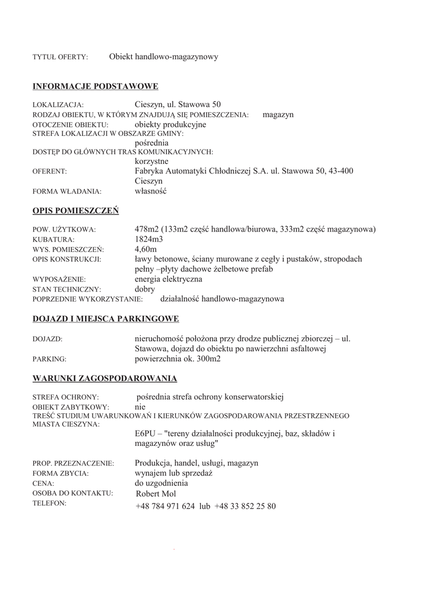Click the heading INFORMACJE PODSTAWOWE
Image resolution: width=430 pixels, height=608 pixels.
(95, 87)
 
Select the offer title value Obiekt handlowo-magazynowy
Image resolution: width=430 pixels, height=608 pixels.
(163, 57)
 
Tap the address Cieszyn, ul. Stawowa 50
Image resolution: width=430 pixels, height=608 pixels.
(178, 104)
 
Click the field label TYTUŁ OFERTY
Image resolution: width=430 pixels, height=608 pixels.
(60, 58)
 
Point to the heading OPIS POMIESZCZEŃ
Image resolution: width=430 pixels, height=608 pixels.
(75, 211)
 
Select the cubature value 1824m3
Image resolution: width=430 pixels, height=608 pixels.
(149, 239)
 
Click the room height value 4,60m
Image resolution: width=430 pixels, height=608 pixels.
(146, 249)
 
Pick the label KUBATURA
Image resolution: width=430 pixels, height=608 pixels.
(52, 239)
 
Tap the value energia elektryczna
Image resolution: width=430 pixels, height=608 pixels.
(169, 278)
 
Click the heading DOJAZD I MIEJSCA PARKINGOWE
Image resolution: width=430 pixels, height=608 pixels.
(106, 319)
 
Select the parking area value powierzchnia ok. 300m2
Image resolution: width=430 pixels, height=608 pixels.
(178, 359)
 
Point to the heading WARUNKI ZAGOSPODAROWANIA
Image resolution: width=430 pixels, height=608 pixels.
(105, 378)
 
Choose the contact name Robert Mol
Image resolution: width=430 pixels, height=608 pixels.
(156, 493)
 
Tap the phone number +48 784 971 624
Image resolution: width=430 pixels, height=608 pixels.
(165, 506)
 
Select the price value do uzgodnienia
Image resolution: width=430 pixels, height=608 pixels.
(162, 483)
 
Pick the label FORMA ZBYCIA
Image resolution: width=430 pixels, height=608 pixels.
(61, 474)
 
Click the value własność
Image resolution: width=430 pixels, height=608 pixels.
(151, 191)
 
